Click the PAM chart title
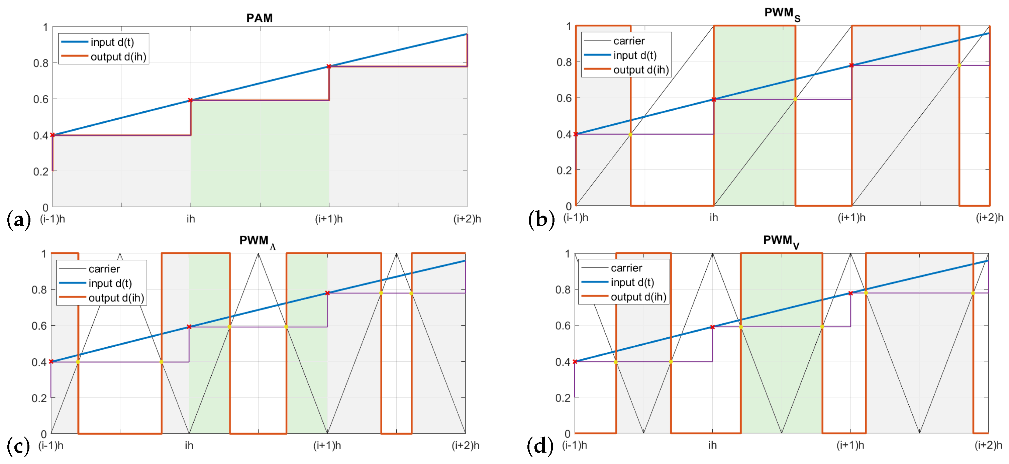259,18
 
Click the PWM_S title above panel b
782,14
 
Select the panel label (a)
19,220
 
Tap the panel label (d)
540,446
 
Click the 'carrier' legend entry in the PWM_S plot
629,41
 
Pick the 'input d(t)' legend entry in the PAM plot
112,42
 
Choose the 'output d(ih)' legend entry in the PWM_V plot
638,297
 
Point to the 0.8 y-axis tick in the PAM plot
41,63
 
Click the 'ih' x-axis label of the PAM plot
191,219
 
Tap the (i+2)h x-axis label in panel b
989,218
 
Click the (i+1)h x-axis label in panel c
327,446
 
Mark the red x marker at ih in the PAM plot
191,100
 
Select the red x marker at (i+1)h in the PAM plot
329,67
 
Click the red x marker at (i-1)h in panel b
576,134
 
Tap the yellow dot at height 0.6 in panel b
795,99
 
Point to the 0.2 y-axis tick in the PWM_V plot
563,398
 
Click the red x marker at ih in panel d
712,327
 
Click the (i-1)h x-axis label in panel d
575,445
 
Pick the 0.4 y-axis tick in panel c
39,362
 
